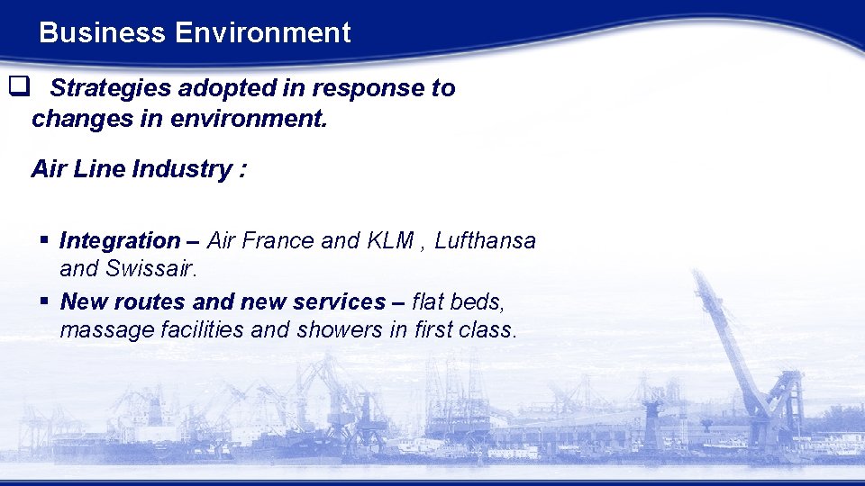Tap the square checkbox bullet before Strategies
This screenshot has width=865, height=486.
[18, 87]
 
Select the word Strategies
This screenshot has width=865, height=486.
[111, 88]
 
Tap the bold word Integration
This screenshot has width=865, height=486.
[120, 241]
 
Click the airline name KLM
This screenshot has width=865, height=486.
[390, 241]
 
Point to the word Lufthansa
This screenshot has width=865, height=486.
[486, 241]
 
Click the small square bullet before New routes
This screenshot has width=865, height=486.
[43, 301]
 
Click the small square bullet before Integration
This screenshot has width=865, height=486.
[43, 240]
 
